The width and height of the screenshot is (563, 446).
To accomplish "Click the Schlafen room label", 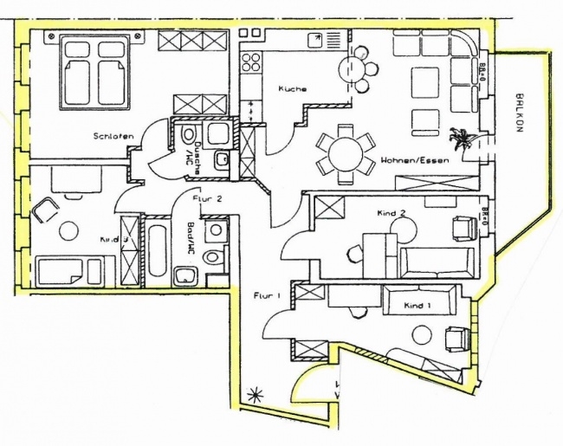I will click(113, 136).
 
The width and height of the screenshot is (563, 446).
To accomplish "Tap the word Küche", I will click(292, 89).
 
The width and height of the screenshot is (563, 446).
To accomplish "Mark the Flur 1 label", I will click(267, 297).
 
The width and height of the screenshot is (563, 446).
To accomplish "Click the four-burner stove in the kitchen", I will click(251, 61).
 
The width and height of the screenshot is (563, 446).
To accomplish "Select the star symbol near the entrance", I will click(255, 392).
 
